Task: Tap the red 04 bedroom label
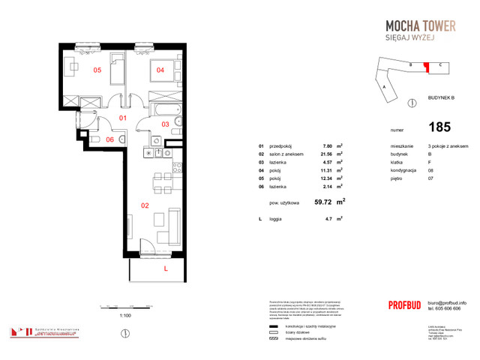coord(160,70)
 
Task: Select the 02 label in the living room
coord(145,204)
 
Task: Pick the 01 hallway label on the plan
coord(124,118)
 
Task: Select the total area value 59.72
coord(322,202)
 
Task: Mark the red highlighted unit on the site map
coord(426,67)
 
